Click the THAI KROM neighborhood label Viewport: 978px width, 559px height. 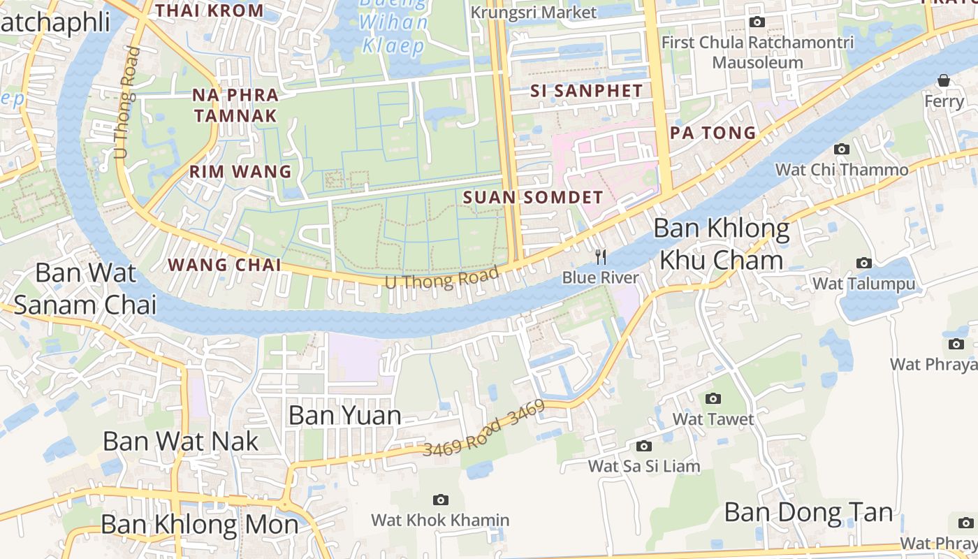pos(210,10)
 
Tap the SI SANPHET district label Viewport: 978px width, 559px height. pos(586,91)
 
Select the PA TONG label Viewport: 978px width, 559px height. pos(713,132)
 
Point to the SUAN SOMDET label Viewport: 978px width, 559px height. pos(532,198)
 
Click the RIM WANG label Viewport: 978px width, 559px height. pos(240,171)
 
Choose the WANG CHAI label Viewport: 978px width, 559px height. pos(225,265)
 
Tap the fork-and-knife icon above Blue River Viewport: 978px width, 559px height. pos(600,257)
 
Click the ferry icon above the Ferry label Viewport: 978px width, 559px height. pos(944,80)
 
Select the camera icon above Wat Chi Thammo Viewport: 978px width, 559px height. pos(842,149)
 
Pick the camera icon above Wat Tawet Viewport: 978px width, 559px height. pos(713,398)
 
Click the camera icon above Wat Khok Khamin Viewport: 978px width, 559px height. pos(440,500)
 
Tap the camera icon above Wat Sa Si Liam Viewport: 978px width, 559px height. pos(643,446)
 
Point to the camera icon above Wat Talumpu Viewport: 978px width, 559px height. pos(864,263)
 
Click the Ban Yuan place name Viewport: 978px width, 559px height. pos(344,416)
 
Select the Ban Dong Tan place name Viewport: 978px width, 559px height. pos(808,512)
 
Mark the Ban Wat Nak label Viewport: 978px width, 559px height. pos(180,441)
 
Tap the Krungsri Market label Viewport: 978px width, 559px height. pos(534,13)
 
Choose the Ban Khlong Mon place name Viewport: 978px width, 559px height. pos(199,524)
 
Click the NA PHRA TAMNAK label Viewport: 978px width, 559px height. pos(235,105)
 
